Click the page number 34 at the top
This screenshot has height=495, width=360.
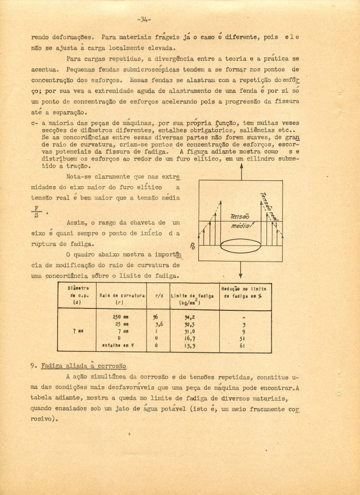click(x=144, y=20)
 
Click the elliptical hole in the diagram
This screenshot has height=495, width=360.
click(x=240, y=245)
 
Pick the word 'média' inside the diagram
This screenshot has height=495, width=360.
click(x=241, y=226)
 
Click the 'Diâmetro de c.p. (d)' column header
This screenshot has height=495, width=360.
click(x=76, y=295)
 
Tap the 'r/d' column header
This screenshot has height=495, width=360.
click(x=158, y=295)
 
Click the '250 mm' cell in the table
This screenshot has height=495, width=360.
click(x=120, y=316)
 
